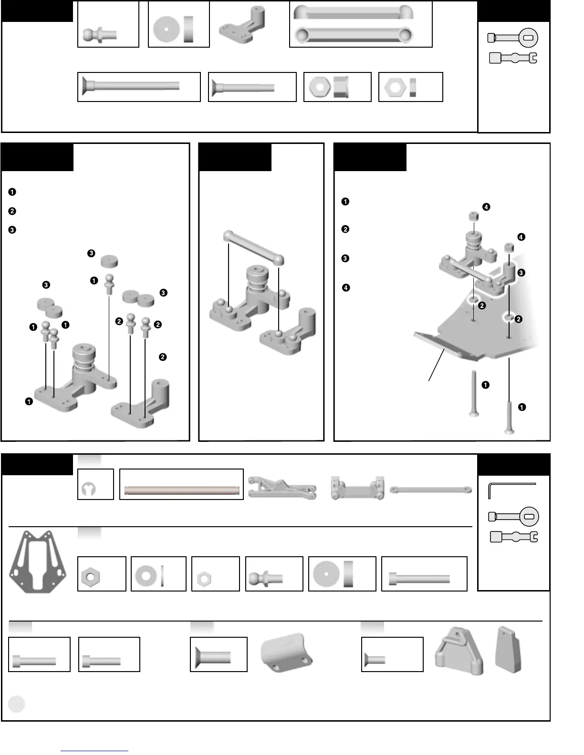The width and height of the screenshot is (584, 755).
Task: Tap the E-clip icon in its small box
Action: [89, 489]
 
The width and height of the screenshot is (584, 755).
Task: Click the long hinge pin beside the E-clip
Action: [181, 490]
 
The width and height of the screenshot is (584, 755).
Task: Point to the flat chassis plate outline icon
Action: [38, 561]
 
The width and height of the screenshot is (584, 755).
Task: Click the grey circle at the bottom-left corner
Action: [17, 704]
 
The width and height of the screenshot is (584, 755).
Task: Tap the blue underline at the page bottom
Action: [94, 751]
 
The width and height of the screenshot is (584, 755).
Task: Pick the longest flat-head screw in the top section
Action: [131, 86]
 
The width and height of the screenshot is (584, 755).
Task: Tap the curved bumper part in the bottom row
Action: [286, 652]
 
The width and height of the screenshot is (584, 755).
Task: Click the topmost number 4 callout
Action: [486, 207]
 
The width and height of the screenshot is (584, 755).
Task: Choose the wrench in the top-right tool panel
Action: [513, 58]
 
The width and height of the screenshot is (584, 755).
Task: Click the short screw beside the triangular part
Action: [375, 660]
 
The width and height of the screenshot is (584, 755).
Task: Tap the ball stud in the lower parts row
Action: [265, 579]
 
